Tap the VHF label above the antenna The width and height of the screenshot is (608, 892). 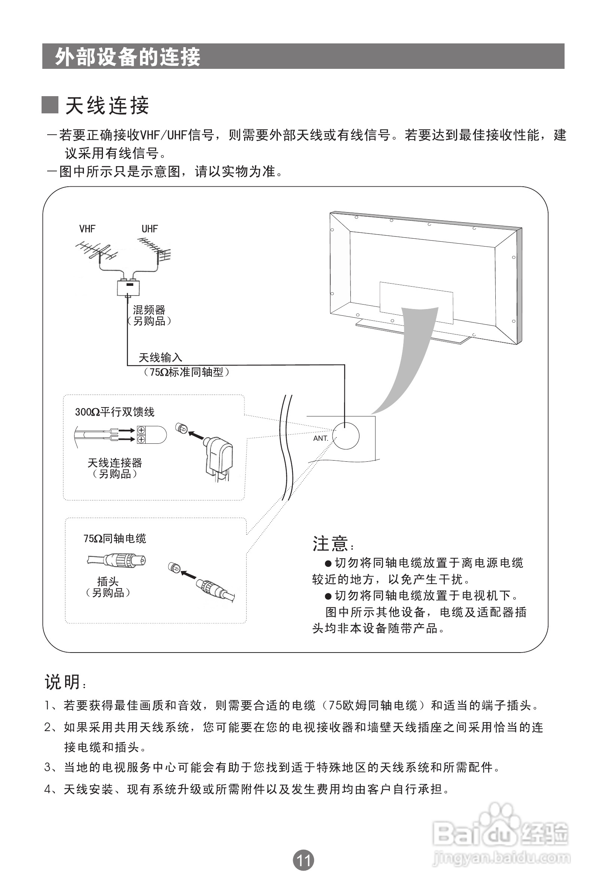click(87, 229)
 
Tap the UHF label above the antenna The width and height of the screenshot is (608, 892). click(150, 229)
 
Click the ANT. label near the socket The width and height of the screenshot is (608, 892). click(321, 438)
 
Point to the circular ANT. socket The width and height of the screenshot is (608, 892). click(346, 436)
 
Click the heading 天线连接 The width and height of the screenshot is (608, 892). click(107, 106)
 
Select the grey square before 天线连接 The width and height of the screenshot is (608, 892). click(49, 105)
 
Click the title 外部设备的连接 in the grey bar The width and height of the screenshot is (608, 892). click(128, 57)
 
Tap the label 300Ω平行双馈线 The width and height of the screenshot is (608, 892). click(115, 412)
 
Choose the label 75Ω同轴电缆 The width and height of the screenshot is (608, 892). click(115, 539)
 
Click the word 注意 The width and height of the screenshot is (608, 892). click(331, 544)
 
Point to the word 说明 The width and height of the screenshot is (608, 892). click(63, 682)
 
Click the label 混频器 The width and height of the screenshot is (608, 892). click(149, 310)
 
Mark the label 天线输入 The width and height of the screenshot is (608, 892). click(160, 358)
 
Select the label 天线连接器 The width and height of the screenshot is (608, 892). click(115, 463)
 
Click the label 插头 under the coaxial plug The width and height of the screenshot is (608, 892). click(108, 581)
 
